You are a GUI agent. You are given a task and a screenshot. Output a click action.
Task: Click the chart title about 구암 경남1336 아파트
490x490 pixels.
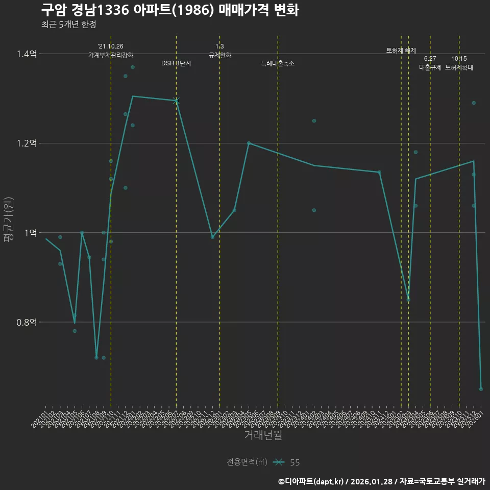coord(169,10)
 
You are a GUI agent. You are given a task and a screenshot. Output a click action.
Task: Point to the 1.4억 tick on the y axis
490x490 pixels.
coord(27,54)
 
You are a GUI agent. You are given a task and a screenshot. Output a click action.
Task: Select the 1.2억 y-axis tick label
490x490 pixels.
coord(27,143)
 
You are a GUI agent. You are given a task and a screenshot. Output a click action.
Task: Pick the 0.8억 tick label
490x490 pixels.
coord(27,322)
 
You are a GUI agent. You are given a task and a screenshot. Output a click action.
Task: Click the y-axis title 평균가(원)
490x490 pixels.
coord(9,219)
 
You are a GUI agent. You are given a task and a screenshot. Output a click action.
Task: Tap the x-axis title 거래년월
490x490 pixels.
coord(263,435)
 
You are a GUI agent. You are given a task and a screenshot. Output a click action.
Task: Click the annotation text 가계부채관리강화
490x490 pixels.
coord(111,55)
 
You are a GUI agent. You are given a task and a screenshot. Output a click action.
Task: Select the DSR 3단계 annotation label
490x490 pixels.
coord(176,63)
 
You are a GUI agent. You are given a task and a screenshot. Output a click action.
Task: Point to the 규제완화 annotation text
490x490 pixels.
coord(220,55)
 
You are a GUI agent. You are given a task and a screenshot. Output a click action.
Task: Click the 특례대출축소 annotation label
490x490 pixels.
coord(278,63)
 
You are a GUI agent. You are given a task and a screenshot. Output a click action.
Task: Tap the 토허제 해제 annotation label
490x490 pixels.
coord(401,51)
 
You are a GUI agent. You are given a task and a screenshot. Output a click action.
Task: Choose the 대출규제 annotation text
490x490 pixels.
coord(430,67)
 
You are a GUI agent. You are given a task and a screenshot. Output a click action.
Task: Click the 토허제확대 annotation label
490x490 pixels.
coord(459,67)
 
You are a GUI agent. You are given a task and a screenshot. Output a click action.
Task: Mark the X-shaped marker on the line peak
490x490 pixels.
coord(176,101)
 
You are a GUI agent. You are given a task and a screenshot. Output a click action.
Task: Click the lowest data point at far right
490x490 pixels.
coord(481,389)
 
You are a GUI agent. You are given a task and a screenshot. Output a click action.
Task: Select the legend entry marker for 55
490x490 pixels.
coord(278,462)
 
